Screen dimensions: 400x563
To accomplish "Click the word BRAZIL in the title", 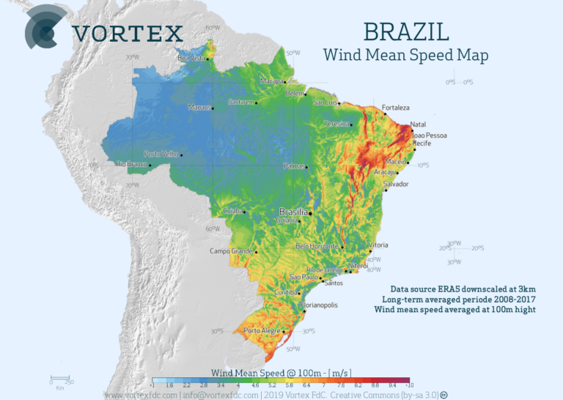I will pyautogui.click(x=405, y=32).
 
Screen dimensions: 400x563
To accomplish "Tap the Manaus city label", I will pyautogui.click(x=199, y=108).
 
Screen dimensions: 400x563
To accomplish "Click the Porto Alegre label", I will pyautogui.click(x=262, y=331).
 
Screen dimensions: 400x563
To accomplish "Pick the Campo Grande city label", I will pyautogui.click(x=231, y=251).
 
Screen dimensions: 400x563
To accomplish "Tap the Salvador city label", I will pyautogui.click(x=396, y=184).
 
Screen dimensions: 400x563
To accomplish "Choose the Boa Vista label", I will pyautogui.click(x=191, y=57).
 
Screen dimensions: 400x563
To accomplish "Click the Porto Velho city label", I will pyautogui.click(x=161, y=154).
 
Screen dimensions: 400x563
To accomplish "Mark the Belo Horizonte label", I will pyautogui.click(x=317, y=246).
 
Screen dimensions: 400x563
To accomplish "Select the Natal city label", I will pyautogui.click(x=418, y=125).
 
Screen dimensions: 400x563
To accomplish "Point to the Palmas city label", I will pyautogui.click(x=294, y=166).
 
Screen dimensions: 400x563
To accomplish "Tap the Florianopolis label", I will pyautogui.click(x=319, y=304).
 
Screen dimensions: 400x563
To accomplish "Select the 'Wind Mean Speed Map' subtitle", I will pyautogui.click(x=405, y=55).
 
